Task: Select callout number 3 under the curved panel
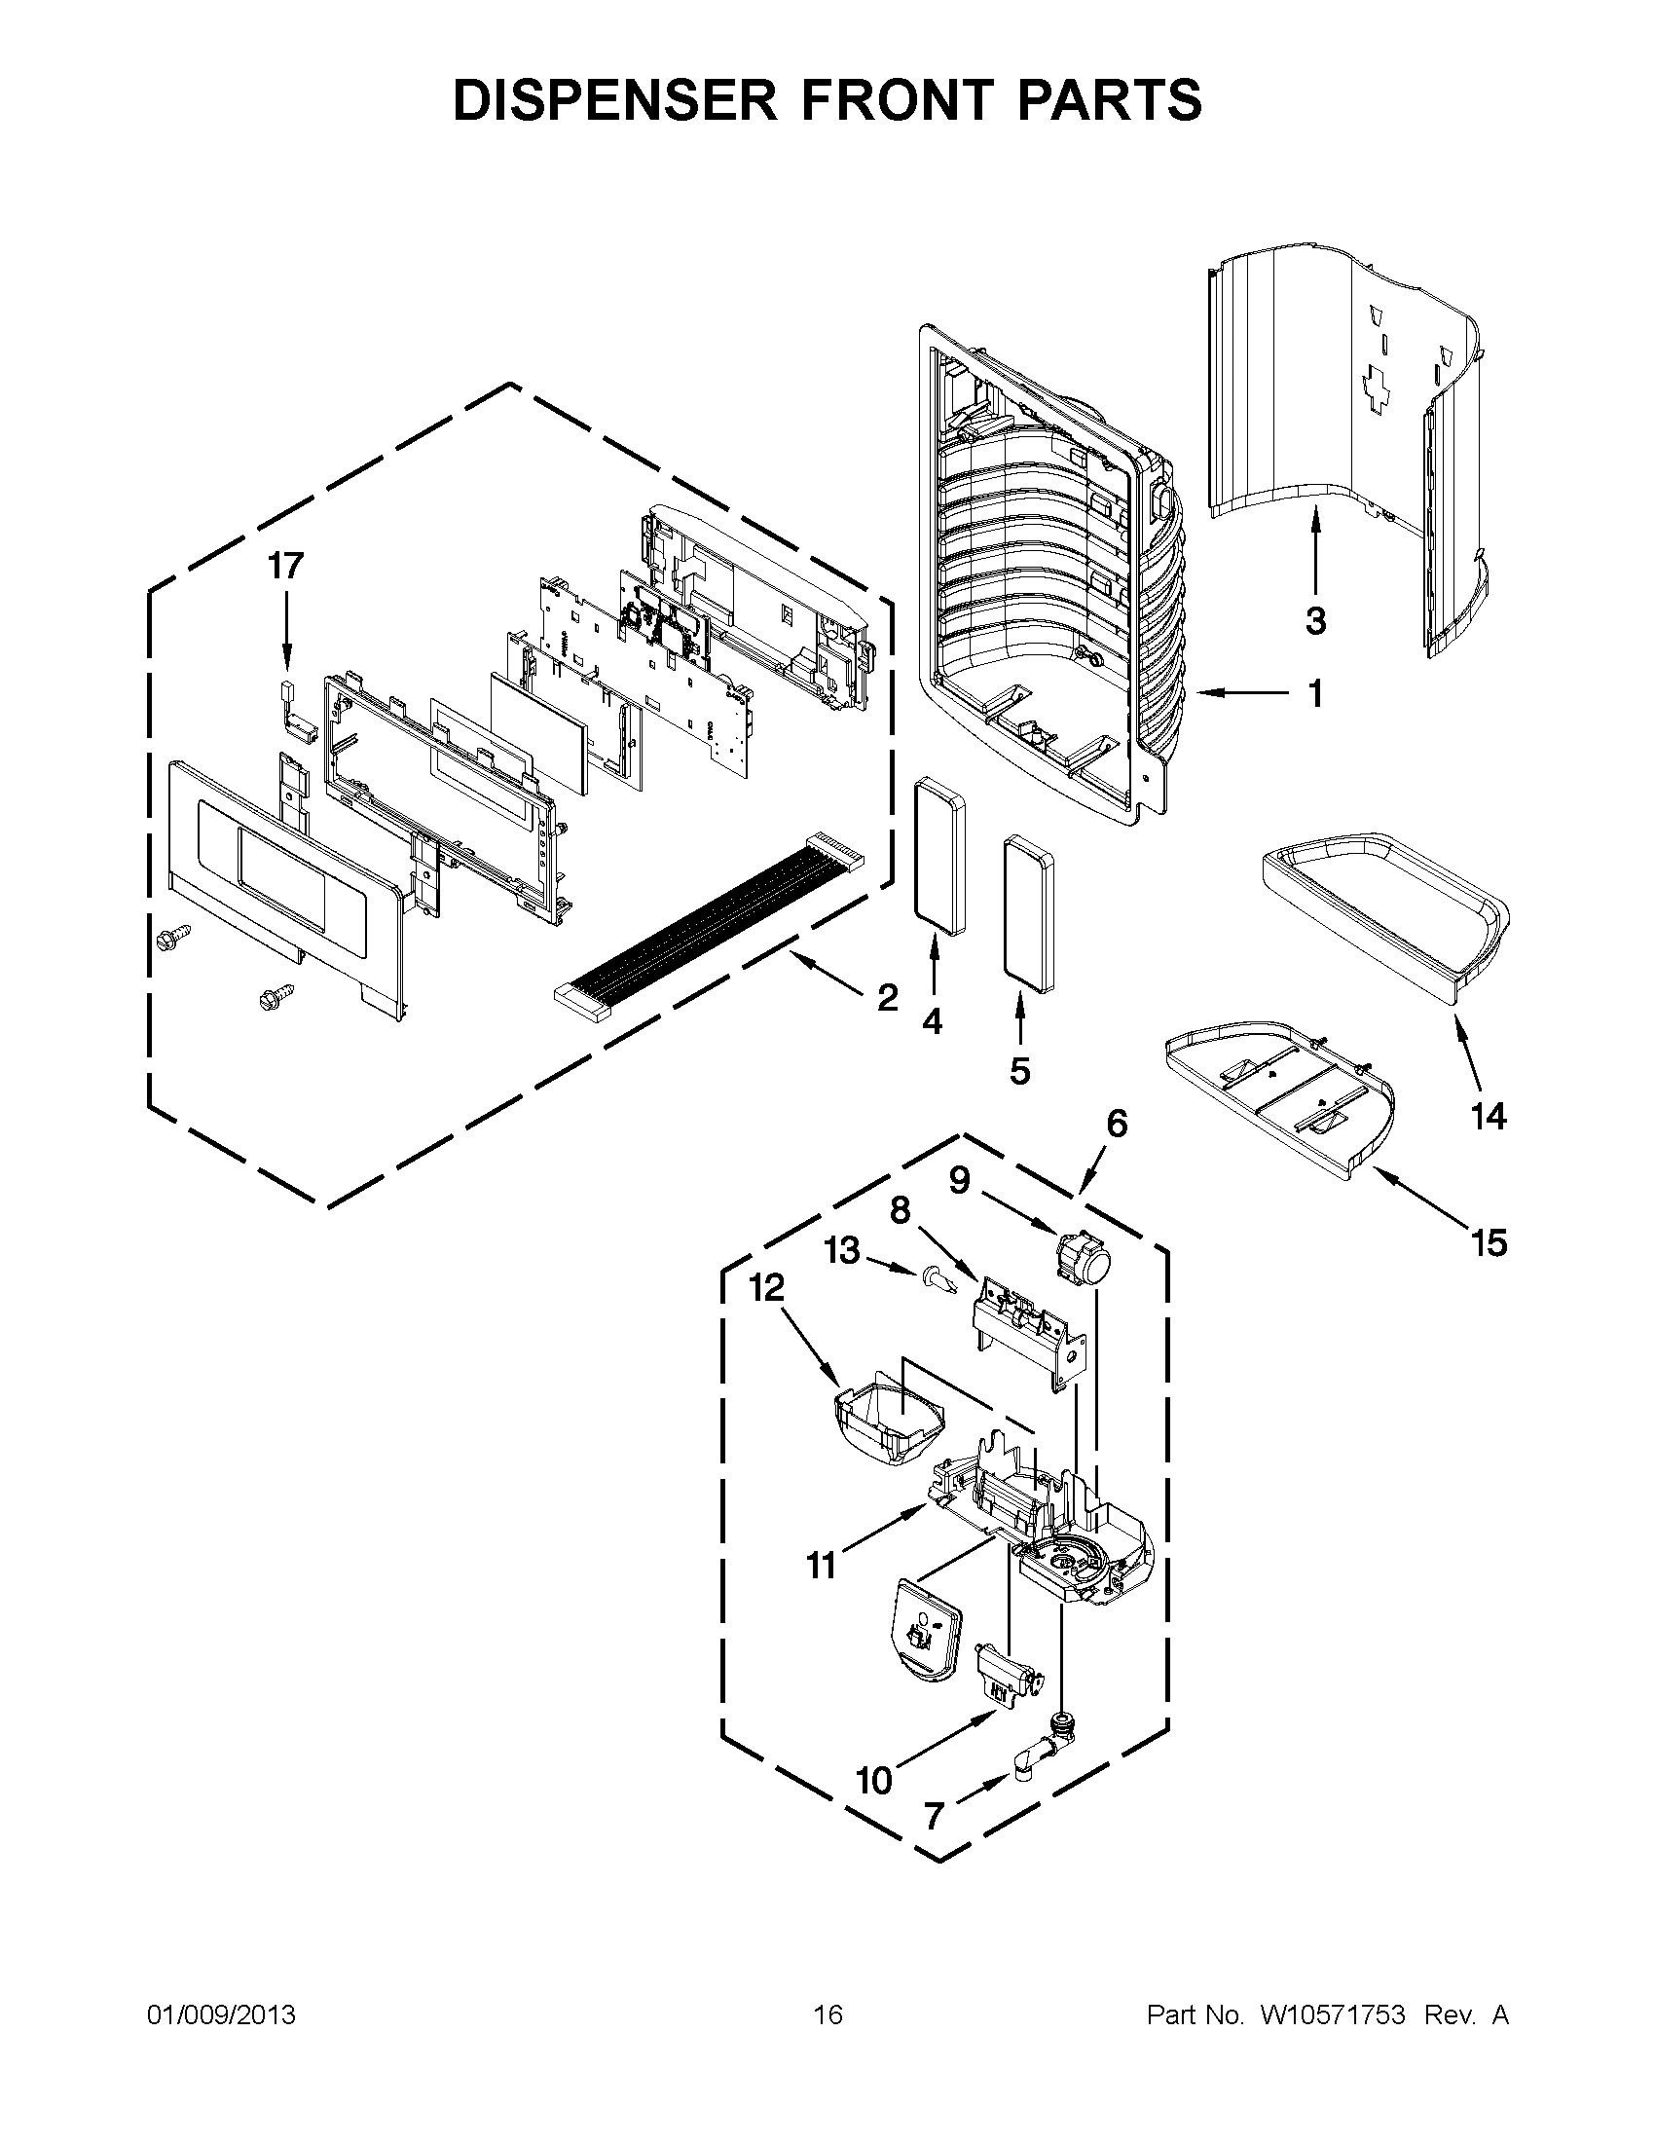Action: (x=1315, y=620)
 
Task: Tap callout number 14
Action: (x=1488, y=1116)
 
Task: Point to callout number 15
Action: (x=1489, y=1243)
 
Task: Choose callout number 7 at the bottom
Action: (x=934, y=1816)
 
